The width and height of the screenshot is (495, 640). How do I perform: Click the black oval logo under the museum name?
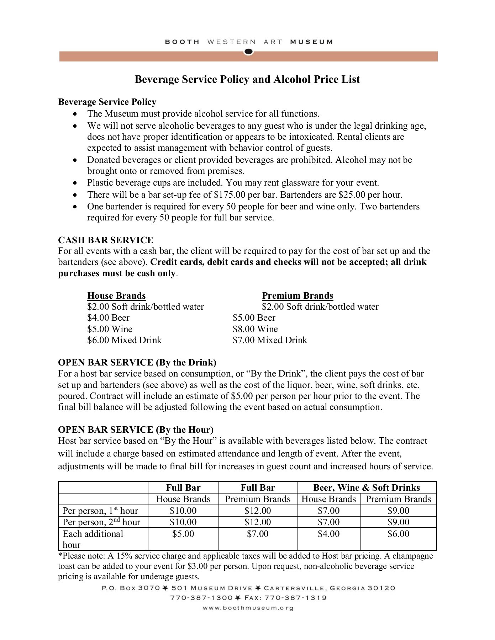(248, 52)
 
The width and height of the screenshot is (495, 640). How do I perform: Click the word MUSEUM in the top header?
(311, 42)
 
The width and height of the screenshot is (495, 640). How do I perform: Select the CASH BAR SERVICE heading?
(106, 240)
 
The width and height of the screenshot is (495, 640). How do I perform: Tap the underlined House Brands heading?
(116, 296)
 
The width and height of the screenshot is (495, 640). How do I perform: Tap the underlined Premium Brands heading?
(297, 296)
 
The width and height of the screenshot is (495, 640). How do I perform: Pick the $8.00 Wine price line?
(255, 329)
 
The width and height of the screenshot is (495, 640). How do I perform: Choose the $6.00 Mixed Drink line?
(124, 340)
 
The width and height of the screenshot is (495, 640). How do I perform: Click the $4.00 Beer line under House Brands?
(108, 318)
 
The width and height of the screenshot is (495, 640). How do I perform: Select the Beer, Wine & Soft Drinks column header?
(366, 487)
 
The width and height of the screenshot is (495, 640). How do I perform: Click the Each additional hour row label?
(93, 539)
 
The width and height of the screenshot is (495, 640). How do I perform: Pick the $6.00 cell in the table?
(398, 534)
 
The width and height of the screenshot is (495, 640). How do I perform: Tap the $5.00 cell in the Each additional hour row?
(183, 534)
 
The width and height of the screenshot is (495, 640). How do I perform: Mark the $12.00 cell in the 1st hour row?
(258, 511)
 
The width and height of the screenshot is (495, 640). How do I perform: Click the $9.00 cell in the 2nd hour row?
(398, 522)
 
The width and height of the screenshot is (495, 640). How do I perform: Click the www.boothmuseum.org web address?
(248, 608)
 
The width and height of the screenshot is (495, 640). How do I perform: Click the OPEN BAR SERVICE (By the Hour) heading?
(136, 430)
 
